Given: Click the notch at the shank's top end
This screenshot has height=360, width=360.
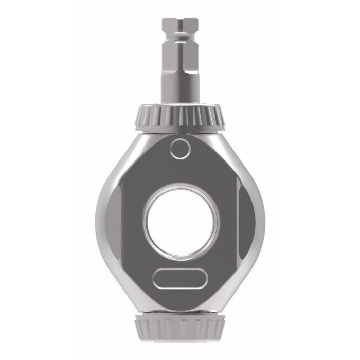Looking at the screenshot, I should point(180,23).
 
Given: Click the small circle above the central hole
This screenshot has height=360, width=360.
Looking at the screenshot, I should point(180,149).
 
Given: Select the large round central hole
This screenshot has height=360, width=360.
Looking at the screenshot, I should point(181,222).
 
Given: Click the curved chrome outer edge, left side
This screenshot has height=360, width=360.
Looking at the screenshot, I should point(100,221).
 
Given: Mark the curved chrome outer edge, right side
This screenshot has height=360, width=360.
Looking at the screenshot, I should point(261,221).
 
